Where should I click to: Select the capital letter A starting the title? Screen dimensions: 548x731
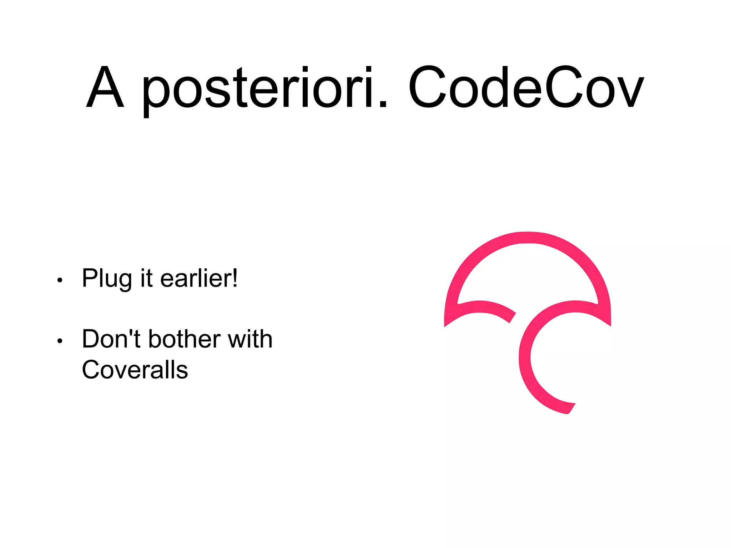[105, 87]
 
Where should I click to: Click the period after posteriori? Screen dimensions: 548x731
[383, 104]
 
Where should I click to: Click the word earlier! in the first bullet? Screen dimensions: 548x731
[199, 278]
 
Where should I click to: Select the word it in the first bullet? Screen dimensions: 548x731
[146, 278]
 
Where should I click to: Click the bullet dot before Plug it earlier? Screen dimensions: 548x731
[60, 280]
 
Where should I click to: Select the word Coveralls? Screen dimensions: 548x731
[135, 370]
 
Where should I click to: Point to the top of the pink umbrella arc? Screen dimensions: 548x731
[528, 238]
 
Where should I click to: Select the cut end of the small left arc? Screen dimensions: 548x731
[513, 318]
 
